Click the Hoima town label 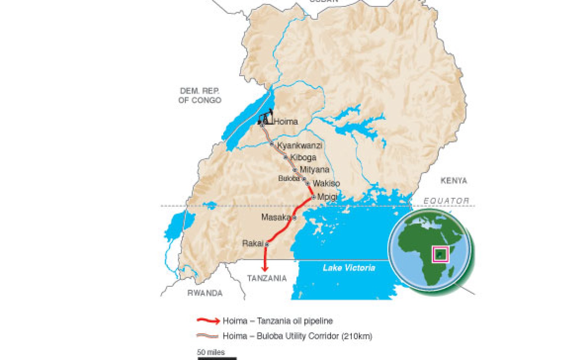click(286, 122)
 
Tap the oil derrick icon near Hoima click(266, 117)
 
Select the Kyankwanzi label click(300, 145)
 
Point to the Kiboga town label click(303, 157)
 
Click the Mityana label click(314, 170)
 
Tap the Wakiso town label click(326, 183)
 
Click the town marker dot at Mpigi click(313, 197)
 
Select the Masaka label click(276, 217)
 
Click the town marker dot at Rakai click(267, 244)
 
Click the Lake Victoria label click(349, 268)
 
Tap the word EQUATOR click(446, 201)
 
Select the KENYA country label click(454, 181)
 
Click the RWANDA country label click(205, 293)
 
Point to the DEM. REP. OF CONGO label click(200, 95)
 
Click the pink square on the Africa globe click(440, 254)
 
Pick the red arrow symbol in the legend click(208, 321)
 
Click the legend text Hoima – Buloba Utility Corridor click(297, 336)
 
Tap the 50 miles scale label click(211, 352)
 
